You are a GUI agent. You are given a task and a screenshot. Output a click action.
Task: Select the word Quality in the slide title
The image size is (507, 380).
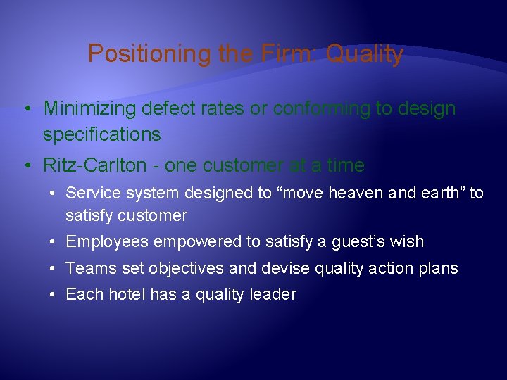[x=364, y=54]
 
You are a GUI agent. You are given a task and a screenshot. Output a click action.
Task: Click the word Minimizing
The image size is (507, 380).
[x=89, y=109]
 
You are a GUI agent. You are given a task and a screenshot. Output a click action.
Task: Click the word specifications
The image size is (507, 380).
[x=102, y=134]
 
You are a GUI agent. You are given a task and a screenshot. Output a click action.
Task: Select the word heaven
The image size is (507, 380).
[x=366, y=193]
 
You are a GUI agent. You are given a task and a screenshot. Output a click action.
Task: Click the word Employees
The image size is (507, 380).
[x=107, y=242]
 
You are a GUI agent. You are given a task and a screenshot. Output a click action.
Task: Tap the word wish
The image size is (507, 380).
[x=407, y=242]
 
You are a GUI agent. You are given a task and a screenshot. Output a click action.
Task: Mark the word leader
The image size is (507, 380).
[x=273, y=294]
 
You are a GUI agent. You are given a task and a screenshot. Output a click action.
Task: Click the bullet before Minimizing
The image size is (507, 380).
[x=25, y=109]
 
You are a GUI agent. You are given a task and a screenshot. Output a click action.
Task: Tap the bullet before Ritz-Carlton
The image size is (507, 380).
[x=25, y=165]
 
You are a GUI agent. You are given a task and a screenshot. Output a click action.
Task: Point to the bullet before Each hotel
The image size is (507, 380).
[x=54, y=294]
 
